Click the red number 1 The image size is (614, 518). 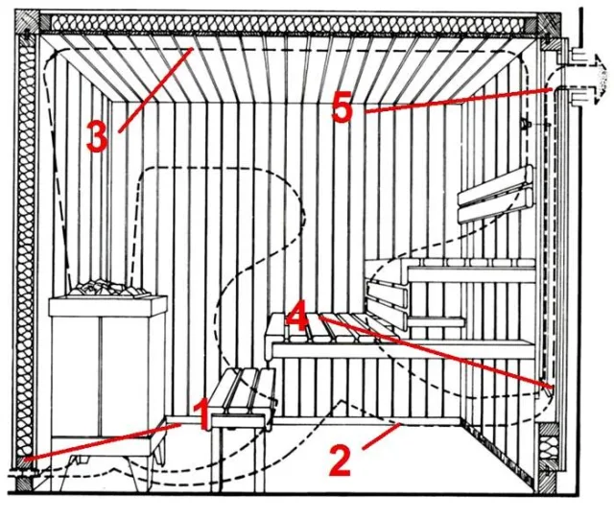coord(202,414)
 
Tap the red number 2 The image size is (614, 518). coord(340,461)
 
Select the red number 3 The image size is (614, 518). coord(97,136)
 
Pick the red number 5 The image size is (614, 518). coord(342,106)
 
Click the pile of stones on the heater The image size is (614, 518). coord(108,288)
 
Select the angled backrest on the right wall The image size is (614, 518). coord(497,194)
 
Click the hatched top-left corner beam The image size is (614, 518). coord(27,23)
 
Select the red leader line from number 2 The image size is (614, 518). coord(382,436)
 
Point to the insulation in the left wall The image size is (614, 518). coord(26,247)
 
